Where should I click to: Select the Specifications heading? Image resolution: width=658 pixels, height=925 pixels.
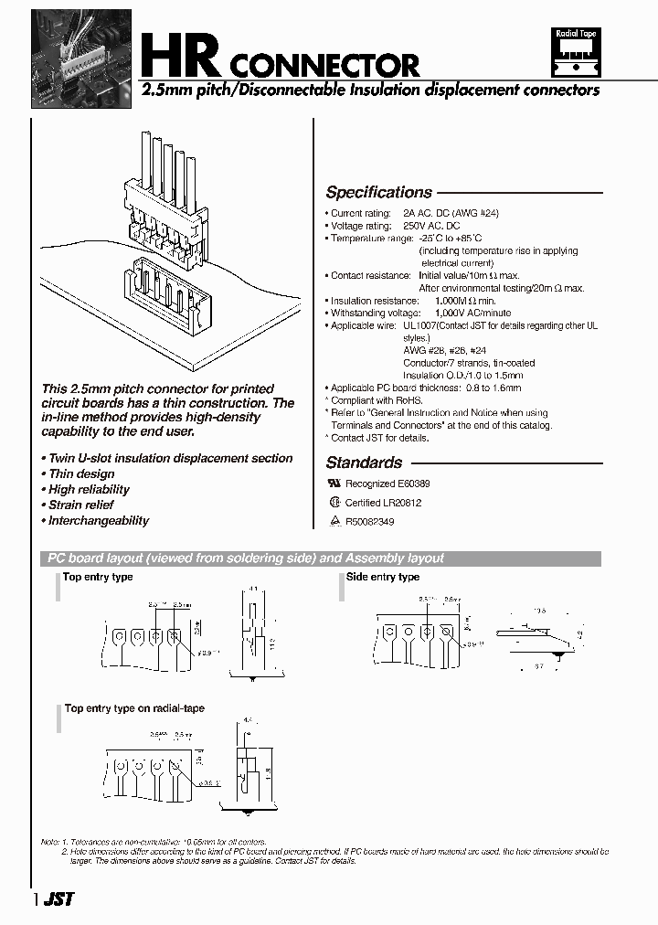378,193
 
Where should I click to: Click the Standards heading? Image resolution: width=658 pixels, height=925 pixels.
364,462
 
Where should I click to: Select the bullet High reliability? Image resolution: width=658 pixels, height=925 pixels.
89,490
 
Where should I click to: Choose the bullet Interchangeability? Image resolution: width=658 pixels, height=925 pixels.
98,521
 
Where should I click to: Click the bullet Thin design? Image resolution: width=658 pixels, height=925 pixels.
81,474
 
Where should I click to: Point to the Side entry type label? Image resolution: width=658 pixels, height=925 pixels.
383,578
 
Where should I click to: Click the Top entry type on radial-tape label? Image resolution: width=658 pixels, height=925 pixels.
134,708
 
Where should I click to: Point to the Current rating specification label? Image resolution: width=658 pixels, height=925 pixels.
361,213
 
